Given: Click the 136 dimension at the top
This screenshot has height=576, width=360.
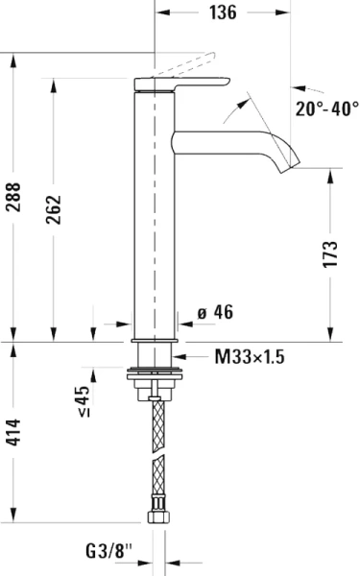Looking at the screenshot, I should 224,12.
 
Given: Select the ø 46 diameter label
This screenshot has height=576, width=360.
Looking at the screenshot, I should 215,312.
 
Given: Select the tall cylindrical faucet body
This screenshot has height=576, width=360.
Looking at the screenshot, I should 153,211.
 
